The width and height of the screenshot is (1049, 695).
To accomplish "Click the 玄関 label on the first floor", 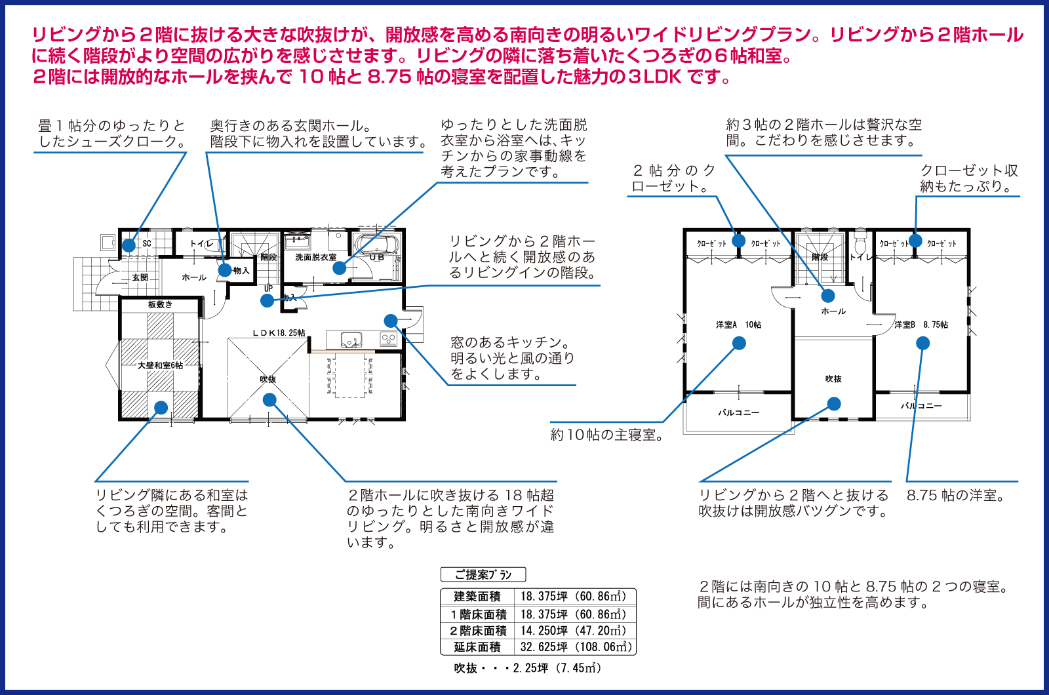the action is [x=140, y=277].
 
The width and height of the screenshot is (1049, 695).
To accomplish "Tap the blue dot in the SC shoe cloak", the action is [x=129, y=245].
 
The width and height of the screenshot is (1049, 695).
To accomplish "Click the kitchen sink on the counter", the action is [x=351, y=339].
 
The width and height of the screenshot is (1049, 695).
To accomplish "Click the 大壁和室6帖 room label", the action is [x=160, y=365].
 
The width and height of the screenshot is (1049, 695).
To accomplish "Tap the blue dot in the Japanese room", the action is [x=161, y=407].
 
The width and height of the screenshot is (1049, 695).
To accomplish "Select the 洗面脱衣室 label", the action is [x=315, y=257].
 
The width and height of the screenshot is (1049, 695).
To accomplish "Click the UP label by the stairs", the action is [x=268, y=288].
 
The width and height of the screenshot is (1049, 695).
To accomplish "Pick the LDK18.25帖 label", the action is [x=279, y=333].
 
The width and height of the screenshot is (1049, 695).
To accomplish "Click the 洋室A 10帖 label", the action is [x=738, y=325].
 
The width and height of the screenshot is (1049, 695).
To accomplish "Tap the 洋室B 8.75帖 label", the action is [x=921, y=325].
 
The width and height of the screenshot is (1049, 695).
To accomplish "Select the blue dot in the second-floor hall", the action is [x=828, y=296].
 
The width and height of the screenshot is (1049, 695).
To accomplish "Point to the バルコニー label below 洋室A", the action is [x=738, y=412].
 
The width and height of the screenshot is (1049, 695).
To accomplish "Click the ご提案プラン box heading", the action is [x=483, y=574].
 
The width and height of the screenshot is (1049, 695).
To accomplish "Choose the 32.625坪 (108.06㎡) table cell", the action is [x=576, y=646].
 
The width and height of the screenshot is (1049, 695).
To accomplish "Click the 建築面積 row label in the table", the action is [x=477, y=596].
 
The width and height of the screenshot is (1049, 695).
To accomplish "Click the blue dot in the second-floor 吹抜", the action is [x=833, y=404].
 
